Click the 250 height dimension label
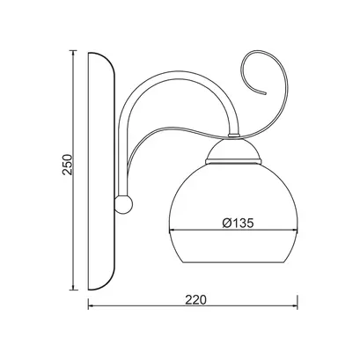67,165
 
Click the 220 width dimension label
195,299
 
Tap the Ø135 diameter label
238,224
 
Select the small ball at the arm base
123,204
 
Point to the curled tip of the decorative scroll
266,93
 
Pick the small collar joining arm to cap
233,136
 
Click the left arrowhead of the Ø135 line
171,231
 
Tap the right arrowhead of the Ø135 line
295,231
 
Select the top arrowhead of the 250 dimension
73,54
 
